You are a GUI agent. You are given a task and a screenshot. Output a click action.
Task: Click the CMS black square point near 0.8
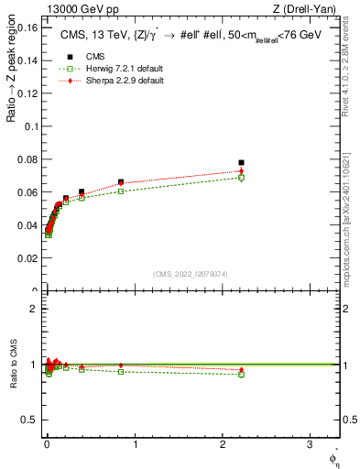click(121, 182)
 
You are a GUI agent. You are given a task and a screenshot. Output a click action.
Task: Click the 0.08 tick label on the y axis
click(27, 159)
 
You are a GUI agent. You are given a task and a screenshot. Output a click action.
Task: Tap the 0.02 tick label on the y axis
click(27, 259)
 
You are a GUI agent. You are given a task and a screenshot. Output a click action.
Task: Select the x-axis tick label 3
click(310, 446)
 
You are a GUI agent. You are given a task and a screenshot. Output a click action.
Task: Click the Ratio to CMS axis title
click(10, 365)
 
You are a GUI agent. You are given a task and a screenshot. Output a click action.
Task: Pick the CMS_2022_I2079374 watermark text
click(191, 273)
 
